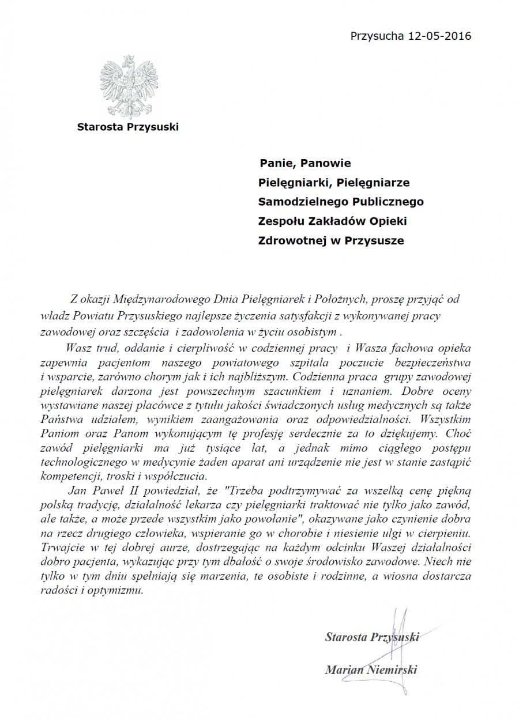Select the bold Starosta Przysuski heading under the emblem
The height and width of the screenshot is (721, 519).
point(128,127)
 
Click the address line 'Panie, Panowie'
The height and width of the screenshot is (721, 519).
point(304,164)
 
